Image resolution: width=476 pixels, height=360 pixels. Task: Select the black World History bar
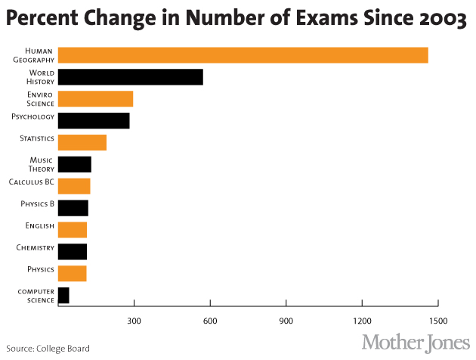tap(130, 76)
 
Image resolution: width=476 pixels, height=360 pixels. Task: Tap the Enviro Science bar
tap(95, 98)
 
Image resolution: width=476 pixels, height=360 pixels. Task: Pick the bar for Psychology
tap(94, 120)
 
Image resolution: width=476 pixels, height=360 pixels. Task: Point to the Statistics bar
tap(82, 142)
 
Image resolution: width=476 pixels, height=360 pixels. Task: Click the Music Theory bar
tap(74, 164)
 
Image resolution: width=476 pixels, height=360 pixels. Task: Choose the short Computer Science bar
tap(63, 295)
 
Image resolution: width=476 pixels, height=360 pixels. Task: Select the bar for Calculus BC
tap(73, 186)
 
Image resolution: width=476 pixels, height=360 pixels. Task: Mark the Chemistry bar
tap(72, 251)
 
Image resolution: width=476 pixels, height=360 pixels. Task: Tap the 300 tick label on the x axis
tap(134, 320)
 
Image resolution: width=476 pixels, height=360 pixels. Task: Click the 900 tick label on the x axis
tap(286, 320)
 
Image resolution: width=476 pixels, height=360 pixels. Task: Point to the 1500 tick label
tap(438, 320)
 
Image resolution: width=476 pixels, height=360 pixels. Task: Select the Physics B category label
tap(37, 204)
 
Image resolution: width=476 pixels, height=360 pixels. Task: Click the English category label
tap(40, 225)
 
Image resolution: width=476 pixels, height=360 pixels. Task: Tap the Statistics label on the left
tap(36, 139)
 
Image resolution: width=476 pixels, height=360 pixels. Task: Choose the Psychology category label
tap(33, 116)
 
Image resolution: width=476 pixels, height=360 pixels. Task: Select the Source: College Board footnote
tap(47, 349)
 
